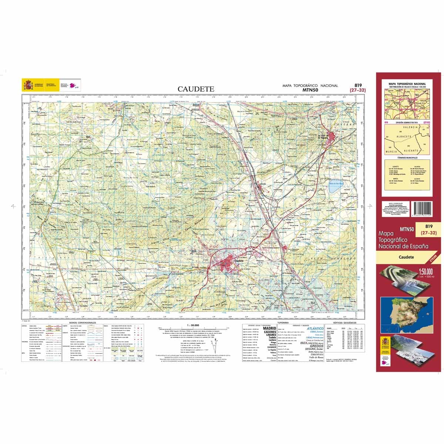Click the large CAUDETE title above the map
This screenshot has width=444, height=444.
[x=196, y=89]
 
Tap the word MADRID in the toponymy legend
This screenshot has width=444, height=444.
[x=269, y=328]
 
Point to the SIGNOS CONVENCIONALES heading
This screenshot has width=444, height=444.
[x=80, y=323]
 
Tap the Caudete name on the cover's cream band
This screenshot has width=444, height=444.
[x=406, y=257]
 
